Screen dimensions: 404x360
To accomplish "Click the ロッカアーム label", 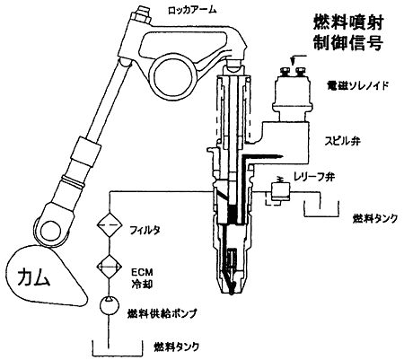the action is (192, 10).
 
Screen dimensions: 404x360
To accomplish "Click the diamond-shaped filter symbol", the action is (110, 225).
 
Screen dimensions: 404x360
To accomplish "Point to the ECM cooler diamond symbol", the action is (110, 266).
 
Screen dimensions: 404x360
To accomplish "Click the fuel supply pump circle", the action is (110, 305).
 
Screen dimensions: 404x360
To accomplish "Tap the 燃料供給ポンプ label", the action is (162, 314).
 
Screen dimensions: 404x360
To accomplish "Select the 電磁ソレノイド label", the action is (357, 86).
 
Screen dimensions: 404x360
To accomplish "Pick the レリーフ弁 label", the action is (314, 177).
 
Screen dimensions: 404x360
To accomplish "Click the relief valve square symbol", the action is (280, 192).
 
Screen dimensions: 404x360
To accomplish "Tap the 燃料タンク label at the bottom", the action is (177, 347).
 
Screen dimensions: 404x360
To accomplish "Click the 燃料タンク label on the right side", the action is (375, 218).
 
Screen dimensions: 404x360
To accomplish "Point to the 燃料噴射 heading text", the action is (348, 22).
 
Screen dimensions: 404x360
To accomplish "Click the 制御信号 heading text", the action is (348, 42).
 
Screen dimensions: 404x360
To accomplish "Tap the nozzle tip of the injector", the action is (231, 292).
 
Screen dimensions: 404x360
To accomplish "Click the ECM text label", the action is (142, 272).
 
